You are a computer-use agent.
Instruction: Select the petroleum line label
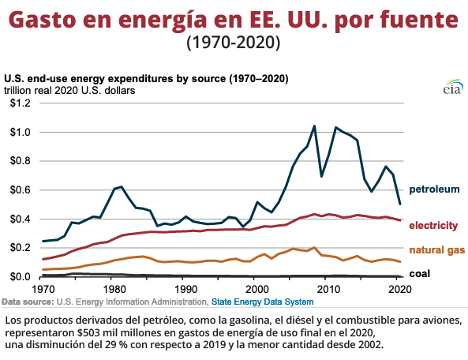434,189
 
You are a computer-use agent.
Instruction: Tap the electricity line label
433,226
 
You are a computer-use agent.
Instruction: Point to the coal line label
419,273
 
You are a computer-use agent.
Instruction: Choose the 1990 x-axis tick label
184,290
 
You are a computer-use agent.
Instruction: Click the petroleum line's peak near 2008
314,126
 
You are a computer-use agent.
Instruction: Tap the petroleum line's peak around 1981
122,187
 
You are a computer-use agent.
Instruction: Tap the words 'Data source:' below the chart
28,302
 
